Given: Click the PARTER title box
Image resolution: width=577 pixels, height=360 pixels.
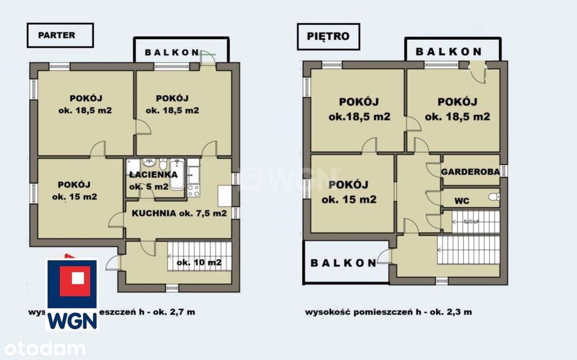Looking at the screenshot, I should [x=60, y=35].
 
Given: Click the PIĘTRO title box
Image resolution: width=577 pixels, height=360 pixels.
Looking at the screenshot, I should [x=328, y=36].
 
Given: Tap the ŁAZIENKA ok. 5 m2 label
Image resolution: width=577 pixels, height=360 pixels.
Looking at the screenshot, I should [x=153, y=180].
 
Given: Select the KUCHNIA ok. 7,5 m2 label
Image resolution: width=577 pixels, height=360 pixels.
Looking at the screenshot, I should [x=179, y=214].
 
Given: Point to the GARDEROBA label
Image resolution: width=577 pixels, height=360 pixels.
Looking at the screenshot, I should [x=470, y=172].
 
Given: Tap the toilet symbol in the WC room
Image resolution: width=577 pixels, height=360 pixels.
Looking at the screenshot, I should [x=494, y=197].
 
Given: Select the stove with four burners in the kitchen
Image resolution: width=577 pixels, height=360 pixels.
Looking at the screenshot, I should [x=193, y=191].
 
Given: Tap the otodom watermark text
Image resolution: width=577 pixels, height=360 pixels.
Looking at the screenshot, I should [x=43, y=348].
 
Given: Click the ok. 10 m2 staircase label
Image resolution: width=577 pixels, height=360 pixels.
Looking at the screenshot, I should [x=199, y=263].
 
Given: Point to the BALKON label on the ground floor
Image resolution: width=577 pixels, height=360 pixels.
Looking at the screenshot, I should [x=172, y=52].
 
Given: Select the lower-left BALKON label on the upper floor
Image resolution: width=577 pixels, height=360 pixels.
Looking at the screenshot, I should [x=343, y=263].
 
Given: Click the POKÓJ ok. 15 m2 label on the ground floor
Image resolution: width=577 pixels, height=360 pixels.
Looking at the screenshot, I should [x=74, y=190].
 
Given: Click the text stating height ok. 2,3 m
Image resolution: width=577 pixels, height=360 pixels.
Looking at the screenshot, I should [x=389, y=312].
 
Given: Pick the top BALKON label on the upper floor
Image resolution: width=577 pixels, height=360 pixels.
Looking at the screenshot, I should [x=449, y=51].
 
